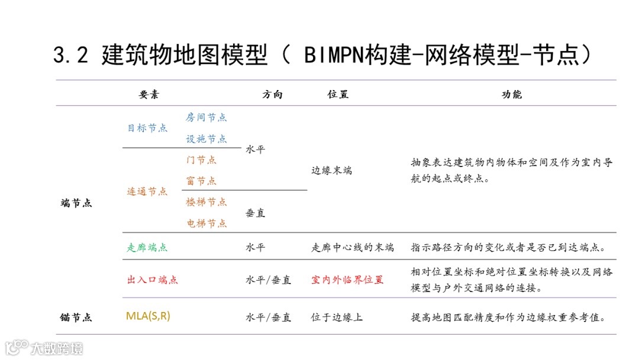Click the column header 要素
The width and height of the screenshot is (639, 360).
(149, 95)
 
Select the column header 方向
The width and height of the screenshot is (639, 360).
(272, 95)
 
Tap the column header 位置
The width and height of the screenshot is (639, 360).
(338, 95)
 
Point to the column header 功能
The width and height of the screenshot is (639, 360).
(512, 95)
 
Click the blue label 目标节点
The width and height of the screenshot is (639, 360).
(147, 128)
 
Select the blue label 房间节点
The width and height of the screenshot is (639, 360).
(206, 117)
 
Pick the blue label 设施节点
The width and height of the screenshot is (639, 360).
(206, 139)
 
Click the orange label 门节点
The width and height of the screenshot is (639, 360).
(201, 160)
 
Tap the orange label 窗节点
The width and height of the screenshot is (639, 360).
(201, 181)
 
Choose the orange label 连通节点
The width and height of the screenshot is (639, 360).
(147, 191)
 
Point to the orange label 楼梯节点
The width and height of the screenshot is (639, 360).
(206, 202)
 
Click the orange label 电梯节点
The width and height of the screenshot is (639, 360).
(206, 223)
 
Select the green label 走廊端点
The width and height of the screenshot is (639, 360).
(147, 247)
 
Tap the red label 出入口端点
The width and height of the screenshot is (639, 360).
(153, 279)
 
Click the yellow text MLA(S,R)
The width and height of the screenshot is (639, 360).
(148, 316)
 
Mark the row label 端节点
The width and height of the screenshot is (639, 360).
(76, 203)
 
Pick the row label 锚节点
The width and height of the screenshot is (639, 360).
(76, 317)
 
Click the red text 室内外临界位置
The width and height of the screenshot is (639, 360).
(347, 279)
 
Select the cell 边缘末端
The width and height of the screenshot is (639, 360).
(331, 171)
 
